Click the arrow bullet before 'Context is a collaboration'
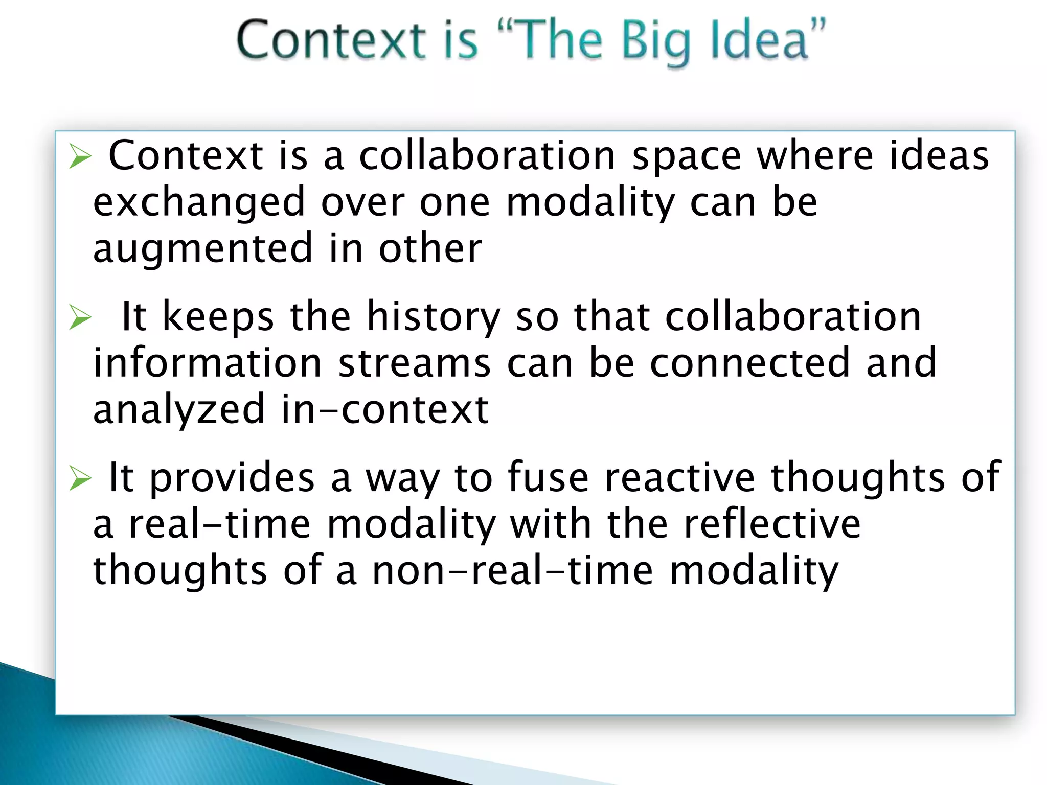[x=80, y=156]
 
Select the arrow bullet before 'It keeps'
[x=80, y=317]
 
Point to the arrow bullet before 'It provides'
[x=80, y=478]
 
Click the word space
[x=687, y=156]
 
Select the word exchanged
[x=199, y=202]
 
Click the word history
[x=434, y=317]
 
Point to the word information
[x=208, y=362]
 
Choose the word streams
[x=414, y=362]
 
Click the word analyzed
[x=179, y=409]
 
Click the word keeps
[x=218, y=317]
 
